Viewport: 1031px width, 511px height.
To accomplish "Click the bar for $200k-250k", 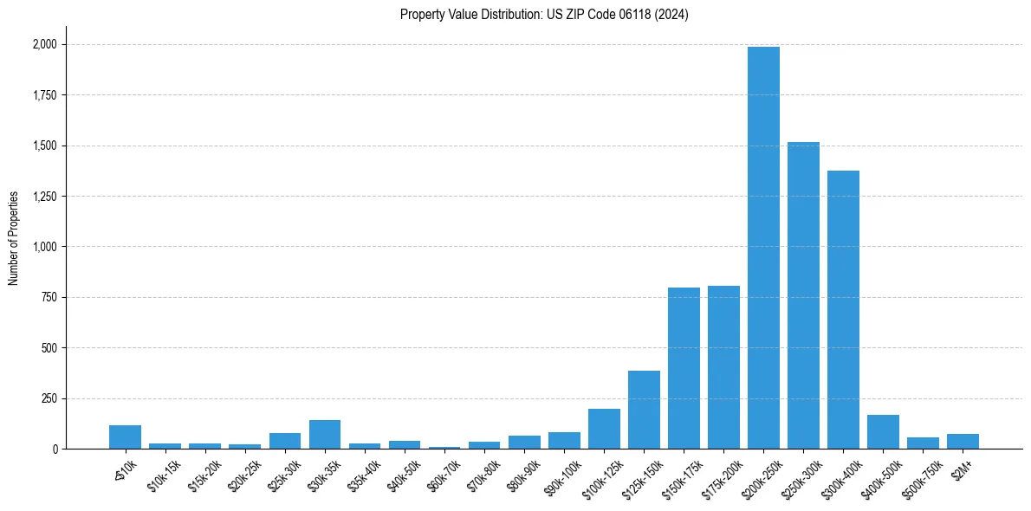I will (763, 248).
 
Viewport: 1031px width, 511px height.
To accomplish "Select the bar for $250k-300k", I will (803, 295).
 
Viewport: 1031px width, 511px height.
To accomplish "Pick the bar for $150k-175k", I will (684, 368).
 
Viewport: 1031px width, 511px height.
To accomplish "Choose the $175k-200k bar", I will (723, 367).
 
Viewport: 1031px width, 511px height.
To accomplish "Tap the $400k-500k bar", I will (883, 431).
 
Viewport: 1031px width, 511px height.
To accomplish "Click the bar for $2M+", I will (963, 441).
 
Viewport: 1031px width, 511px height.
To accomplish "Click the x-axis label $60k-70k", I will (444, 473).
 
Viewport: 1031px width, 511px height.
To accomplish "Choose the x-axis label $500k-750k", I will (920, 476).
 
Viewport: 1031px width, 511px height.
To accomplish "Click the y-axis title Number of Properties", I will (14, 237).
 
